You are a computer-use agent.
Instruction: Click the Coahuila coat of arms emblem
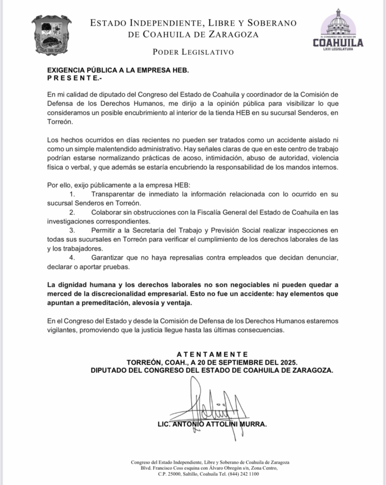coord(51,35)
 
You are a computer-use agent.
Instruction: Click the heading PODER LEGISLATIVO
coord(193,52)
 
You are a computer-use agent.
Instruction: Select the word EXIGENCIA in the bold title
coord(67,70)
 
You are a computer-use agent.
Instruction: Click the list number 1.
coord(72,194)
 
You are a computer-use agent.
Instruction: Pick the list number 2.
coord(72,212)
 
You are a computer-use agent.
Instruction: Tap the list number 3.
coord(72,230)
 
